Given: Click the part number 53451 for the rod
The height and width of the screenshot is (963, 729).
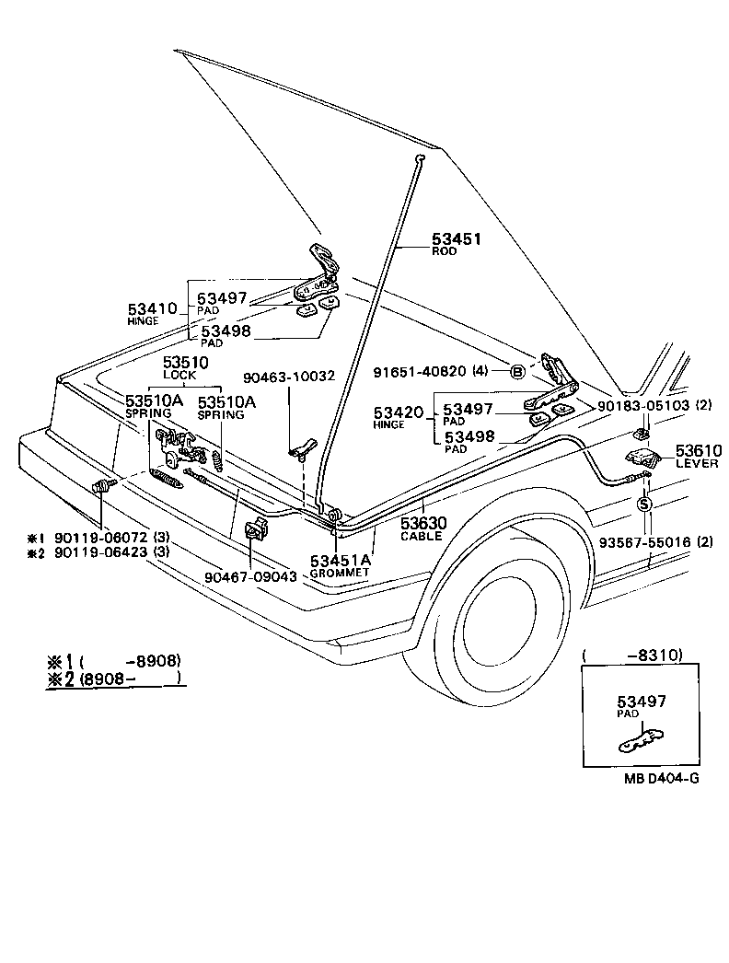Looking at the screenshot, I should point(457,238).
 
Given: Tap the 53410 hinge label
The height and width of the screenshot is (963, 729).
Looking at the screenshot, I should point(151,309).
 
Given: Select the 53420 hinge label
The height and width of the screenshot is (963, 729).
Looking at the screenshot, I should point(398,414).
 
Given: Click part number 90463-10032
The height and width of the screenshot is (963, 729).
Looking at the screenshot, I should point(288,376).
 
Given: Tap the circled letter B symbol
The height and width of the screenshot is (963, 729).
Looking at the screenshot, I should point(517,372).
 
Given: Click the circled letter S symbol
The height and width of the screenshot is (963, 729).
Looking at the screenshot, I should point(643,504).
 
